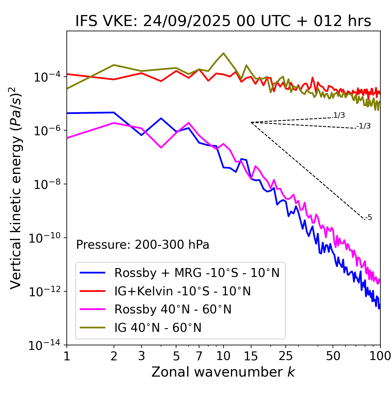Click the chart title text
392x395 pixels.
223,21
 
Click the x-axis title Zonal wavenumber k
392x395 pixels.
223,372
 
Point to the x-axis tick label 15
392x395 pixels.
251,356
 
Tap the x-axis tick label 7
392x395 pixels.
199,356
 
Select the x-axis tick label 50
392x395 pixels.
333,356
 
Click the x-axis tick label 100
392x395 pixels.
380,356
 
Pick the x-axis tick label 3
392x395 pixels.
141,356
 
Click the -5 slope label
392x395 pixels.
369,218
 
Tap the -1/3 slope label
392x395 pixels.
364,126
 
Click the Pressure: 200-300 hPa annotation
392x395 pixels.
143,245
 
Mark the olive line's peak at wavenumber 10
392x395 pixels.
223,53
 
